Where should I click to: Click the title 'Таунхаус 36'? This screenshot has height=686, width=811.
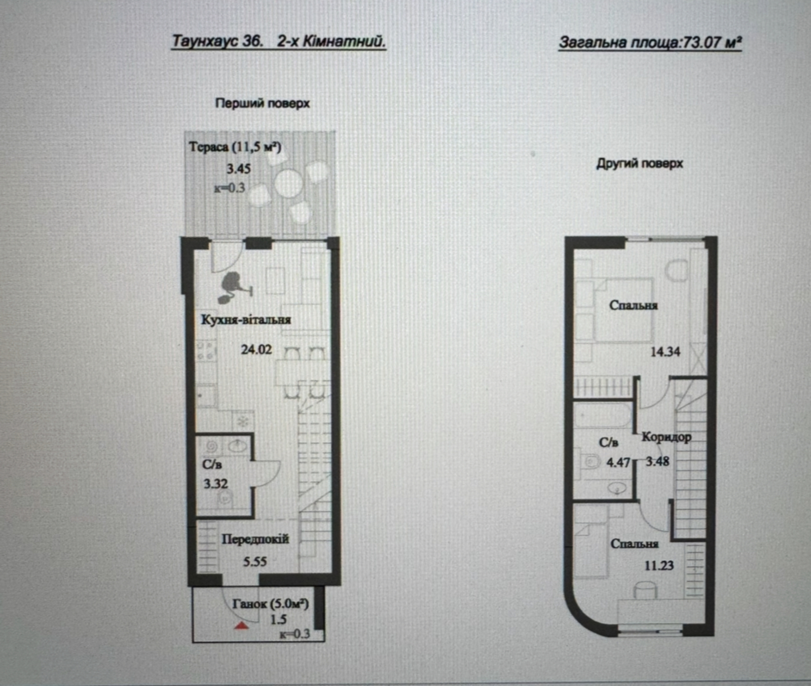217,41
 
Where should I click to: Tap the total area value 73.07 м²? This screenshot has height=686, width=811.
712,42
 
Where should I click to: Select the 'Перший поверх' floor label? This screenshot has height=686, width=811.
263,103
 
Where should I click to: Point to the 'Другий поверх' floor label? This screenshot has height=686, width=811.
640,164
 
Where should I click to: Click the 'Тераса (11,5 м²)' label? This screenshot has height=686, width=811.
235,147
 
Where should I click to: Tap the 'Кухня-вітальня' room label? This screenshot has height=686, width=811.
246,320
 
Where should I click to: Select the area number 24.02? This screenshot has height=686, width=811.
256,349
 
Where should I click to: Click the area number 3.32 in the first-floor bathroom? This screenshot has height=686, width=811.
216,484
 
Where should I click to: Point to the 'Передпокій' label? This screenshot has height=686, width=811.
255,539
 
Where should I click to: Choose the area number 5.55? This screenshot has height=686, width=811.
254,561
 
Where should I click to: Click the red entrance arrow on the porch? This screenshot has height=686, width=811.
242,626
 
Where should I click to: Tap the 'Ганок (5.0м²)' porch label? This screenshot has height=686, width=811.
271,604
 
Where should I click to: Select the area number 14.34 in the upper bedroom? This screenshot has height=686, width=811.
665,351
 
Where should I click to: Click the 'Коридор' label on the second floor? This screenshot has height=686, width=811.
667,437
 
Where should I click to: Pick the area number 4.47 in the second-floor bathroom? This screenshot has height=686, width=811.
618,462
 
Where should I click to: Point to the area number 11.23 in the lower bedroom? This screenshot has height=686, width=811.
659,565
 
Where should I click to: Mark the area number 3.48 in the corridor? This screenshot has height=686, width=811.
657,461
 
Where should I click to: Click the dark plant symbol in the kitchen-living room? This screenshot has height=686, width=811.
234,286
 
